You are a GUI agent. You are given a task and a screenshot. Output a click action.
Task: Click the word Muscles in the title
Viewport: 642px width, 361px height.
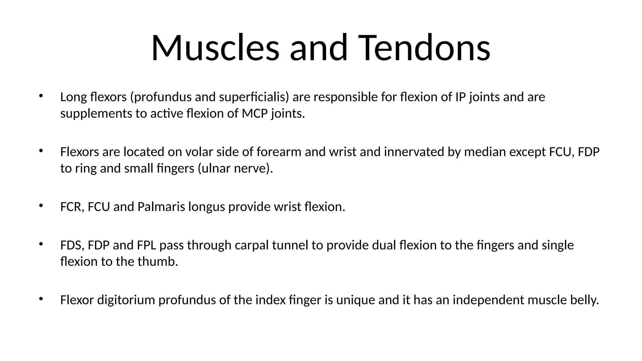[x=215, y=48]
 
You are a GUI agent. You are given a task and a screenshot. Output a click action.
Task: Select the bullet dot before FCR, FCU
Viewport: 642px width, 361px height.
[x=41, y=206]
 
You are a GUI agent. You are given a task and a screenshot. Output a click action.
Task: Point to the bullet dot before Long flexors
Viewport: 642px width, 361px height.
[x=41, y=96]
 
